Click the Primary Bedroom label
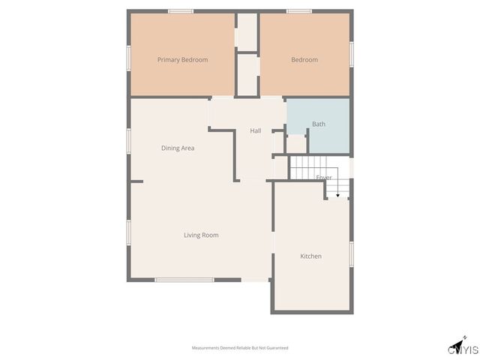click(182, 59)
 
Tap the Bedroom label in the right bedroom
click(304, 60)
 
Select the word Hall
click(255, 131)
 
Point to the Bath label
click(319, 124)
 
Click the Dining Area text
click(178, 148)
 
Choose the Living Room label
click(201, 235)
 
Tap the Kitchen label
click(310, 256)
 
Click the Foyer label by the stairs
click(323, 178)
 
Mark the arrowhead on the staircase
click(337, 195)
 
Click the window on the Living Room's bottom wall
click(184, 280)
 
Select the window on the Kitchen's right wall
click(351, 253)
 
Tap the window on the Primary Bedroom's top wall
click(181, 11)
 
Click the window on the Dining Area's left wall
click(129, 141)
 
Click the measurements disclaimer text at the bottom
click(240, 348)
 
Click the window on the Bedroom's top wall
click(299, 11)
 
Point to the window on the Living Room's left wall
click(129, 232)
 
